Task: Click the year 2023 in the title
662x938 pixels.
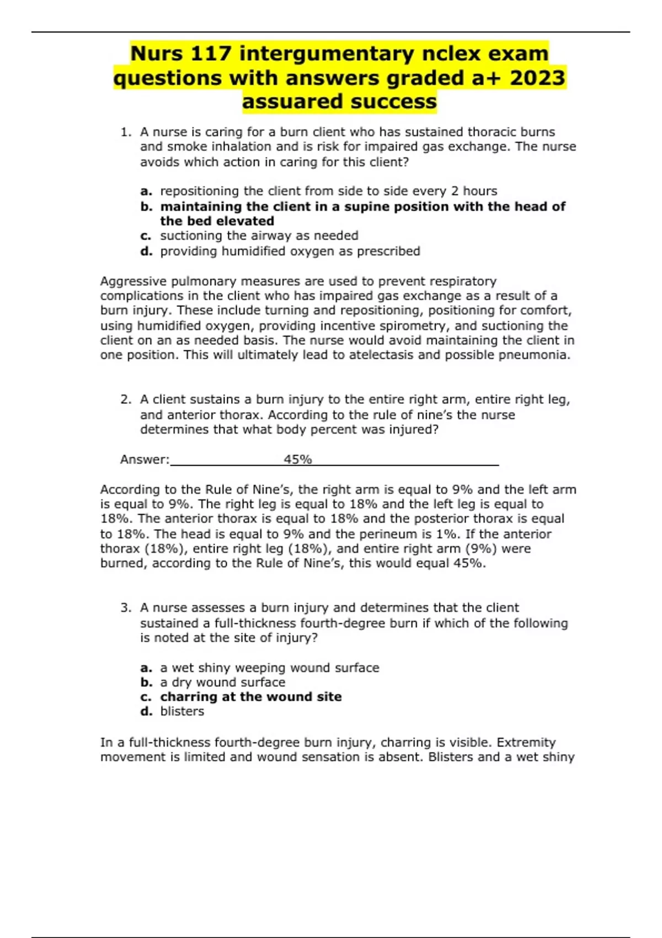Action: coord(537,78)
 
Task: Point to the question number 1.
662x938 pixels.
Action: coord(125,132)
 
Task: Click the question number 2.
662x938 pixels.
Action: coord(125,399)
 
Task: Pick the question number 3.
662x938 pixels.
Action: coord(125,608)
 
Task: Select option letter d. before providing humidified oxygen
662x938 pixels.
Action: coord(146,252)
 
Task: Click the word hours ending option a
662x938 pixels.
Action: coord(480,191)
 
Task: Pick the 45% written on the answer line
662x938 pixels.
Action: coord(298,460)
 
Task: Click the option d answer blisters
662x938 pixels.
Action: coord(182,712)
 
